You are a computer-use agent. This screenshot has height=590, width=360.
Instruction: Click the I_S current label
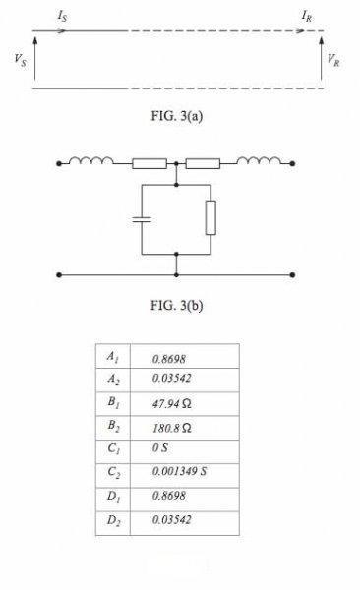tap(63, 16)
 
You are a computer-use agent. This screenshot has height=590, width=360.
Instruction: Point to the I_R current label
tap(307, 16)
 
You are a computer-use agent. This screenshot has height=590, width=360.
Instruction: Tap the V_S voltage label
tap(21, 60)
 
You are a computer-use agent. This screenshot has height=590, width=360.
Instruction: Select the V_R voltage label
tap(333, 60)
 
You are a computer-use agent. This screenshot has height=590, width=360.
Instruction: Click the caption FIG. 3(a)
tap(177, 116)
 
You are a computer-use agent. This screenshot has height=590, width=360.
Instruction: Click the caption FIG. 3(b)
tap(177, 305)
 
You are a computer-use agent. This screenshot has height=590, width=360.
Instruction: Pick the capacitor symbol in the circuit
tap(142, 219)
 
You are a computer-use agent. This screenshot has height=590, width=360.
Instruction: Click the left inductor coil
tap(91, 160)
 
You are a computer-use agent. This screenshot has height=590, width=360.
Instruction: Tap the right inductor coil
tap(259, 160)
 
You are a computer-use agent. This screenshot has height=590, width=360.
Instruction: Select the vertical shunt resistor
tap(210, 218)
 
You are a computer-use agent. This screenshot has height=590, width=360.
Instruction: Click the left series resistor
tap(150, 163)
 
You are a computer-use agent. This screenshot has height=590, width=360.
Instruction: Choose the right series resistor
tap(203, 163)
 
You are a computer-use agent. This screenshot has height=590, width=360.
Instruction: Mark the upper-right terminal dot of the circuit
tap(292, 163)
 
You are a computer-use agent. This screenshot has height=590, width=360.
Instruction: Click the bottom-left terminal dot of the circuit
tap(59, 275)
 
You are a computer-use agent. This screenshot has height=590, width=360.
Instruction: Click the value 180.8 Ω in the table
tap(172, 428)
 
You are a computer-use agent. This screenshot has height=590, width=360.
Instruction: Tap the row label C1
tap(113, 449)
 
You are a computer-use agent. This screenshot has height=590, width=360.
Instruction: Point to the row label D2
tap(113, 521)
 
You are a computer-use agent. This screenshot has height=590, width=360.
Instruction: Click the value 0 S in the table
tap(160, 447)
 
